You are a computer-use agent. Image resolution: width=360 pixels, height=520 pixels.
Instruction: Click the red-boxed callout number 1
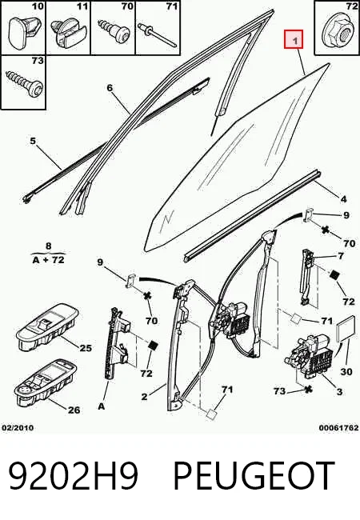[x=294, y=40]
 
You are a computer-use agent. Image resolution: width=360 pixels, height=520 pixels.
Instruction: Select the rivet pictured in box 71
[x=158, y=34]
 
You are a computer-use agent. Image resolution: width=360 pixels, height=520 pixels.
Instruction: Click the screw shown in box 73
[x=25, y=83]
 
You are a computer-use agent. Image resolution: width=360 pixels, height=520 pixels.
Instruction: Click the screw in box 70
[x=114, y=32]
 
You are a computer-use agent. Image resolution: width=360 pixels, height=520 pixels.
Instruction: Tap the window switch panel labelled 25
[x=47, y=326]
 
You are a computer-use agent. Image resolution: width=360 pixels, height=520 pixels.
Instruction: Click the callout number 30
[x=346, y=371]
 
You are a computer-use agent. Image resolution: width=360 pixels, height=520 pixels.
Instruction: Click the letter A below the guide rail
[x=101, y=406]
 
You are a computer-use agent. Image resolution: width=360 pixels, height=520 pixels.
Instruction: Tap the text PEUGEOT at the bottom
[x=254, y=475]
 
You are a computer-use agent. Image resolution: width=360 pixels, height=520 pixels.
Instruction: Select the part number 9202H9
[x=73, y=475]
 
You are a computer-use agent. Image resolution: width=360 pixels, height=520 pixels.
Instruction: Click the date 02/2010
[x=18, y=428]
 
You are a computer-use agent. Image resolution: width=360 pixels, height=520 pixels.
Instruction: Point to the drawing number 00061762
[x=338, y=428]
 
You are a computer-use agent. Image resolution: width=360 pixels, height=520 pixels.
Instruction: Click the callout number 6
[x=110, y=88]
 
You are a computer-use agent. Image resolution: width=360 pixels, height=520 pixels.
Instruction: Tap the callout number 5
[x=33, y=141]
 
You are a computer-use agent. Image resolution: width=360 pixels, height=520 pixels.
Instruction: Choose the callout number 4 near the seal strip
[x=343, y=199]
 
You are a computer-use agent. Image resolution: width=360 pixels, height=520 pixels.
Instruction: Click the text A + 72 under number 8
[x=48, y=260]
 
